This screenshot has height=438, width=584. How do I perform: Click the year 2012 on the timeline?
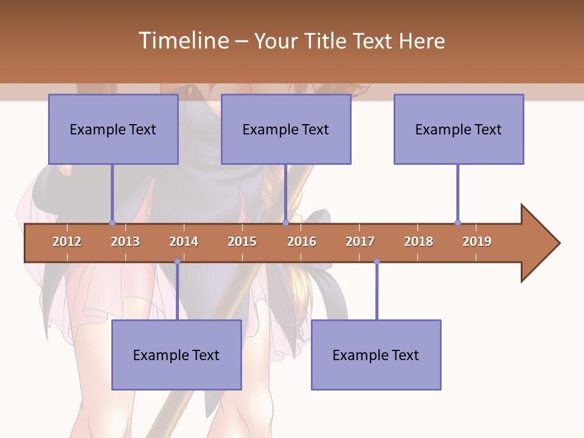(67, 242)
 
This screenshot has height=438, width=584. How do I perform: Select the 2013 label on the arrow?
(125, 242)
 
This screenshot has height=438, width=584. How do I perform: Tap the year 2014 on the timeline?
(184, 242)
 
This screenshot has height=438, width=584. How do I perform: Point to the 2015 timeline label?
(242, 242)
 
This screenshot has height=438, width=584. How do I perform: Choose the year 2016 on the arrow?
(302, 242)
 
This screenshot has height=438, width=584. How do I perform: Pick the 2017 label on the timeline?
(360, 242)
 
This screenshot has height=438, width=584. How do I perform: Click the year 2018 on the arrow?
(419, 242)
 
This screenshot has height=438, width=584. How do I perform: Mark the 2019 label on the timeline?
(477, 242)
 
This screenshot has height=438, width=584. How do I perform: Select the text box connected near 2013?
(113, 129)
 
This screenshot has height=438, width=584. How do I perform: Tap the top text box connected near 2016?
(286, 129)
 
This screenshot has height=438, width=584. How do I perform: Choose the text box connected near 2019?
(459, 129)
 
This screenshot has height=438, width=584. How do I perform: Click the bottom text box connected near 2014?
(176, 355)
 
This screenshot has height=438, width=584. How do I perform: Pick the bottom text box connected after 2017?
(376, 355)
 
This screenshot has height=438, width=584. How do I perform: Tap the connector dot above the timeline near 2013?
(112, 223)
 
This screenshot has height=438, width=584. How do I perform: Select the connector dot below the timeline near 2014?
(177, 262)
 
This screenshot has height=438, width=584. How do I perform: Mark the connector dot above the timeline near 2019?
(457, 223)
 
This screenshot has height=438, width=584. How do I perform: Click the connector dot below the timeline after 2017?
(377, 262)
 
